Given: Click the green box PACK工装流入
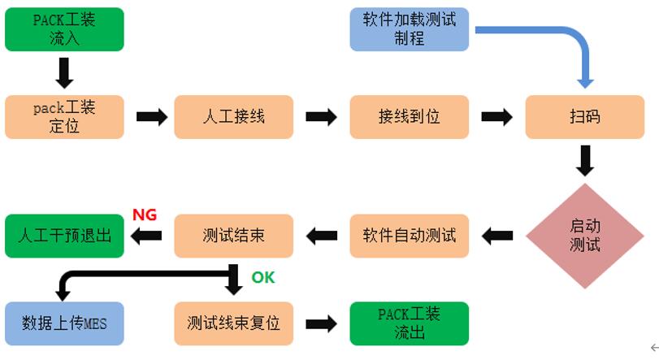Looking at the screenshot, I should (x=64, y=29).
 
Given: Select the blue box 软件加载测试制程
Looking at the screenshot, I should (x=410, y=29).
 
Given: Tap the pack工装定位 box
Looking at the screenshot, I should (x=64, y=116).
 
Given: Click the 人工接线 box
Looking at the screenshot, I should (x=233, y=116).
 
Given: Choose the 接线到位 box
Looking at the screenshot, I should (x=410, y=116).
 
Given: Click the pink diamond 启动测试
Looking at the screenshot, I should (x=584, y=236).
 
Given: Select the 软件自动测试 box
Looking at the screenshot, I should (x=410, y=236).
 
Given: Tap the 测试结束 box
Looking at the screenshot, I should (x=233, y=236).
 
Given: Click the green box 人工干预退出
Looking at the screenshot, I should (x=64, y=236).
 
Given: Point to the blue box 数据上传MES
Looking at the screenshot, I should (x=64, y=323).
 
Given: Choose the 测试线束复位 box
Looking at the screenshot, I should (x=233, y=323).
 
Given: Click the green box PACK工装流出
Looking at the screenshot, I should (x=410, y=323).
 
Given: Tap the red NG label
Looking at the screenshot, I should (x=145, y=215).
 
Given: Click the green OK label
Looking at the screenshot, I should (x=262, y=278).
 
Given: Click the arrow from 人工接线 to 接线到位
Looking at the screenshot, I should (x=321, y=117).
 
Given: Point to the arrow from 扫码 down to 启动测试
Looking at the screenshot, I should (x=584, y=161).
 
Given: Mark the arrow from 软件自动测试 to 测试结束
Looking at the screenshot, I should (x=321, y=236).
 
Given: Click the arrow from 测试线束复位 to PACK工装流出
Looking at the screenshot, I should (x=321, y=323).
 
